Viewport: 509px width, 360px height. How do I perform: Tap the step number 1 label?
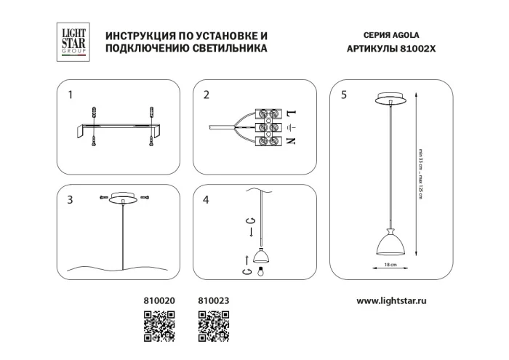[70, 95]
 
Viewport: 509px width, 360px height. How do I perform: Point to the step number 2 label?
[207, 95]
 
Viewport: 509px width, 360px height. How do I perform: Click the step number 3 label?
[70, 201]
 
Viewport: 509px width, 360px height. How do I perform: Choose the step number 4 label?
[207, 201]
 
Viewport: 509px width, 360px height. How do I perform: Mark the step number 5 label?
[343, 95]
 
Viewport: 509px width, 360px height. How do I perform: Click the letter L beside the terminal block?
[290, 114]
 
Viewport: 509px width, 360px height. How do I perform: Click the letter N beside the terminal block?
[290, 140]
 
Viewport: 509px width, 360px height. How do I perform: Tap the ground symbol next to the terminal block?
[290, 127]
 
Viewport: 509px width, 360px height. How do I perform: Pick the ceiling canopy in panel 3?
[125, 199]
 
